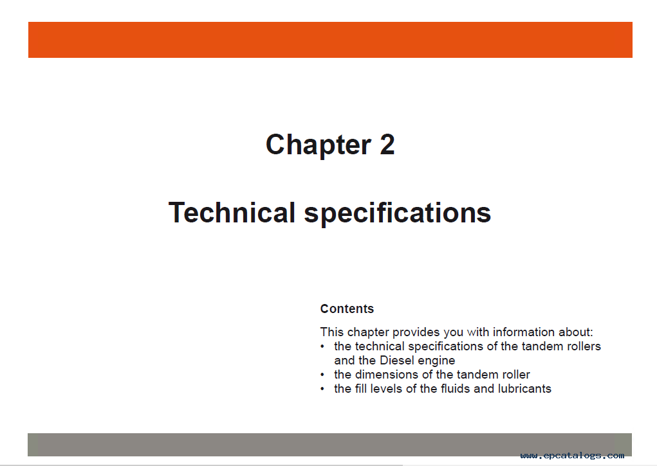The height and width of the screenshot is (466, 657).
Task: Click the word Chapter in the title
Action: pos(319,145)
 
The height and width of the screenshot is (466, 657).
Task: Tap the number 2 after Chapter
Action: pos(387,145)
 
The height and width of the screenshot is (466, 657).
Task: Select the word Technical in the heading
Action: pos(232,212)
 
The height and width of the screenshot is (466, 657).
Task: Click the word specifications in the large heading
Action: pos(397,213)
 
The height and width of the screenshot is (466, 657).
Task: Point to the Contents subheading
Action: pos(347,309)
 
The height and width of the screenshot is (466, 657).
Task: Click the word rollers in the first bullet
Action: pos(584,346)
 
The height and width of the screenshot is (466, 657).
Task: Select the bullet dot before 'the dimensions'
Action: pos(322,375)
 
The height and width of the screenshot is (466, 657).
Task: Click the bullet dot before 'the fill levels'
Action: pos(322,389)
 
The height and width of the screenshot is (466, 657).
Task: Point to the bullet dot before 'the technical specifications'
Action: pos(322,346)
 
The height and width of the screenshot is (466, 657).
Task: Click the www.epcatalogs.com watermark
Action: pos(572,456)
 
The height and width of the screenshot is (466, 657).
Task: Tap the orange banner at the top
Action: pos(330,40)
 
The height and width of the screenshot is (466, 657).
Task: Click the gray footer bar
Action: pos(329,444)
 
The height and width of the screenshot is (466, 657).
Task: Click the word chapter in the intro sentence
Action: pos(368,332)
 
